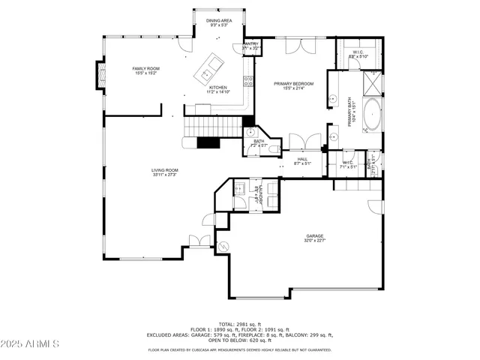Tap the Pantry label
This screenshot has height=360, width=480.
pyautogui.click(x=252, y=44)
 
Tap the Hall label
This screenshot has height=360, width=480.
pyautogui.click(x=302, y=158)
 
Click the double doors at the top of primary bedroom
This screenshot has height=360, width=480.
pyautogui.click(x=298, y=46)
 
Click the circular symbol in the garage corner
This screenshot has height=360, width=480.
pyautogui.click(x=223, y=246)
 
